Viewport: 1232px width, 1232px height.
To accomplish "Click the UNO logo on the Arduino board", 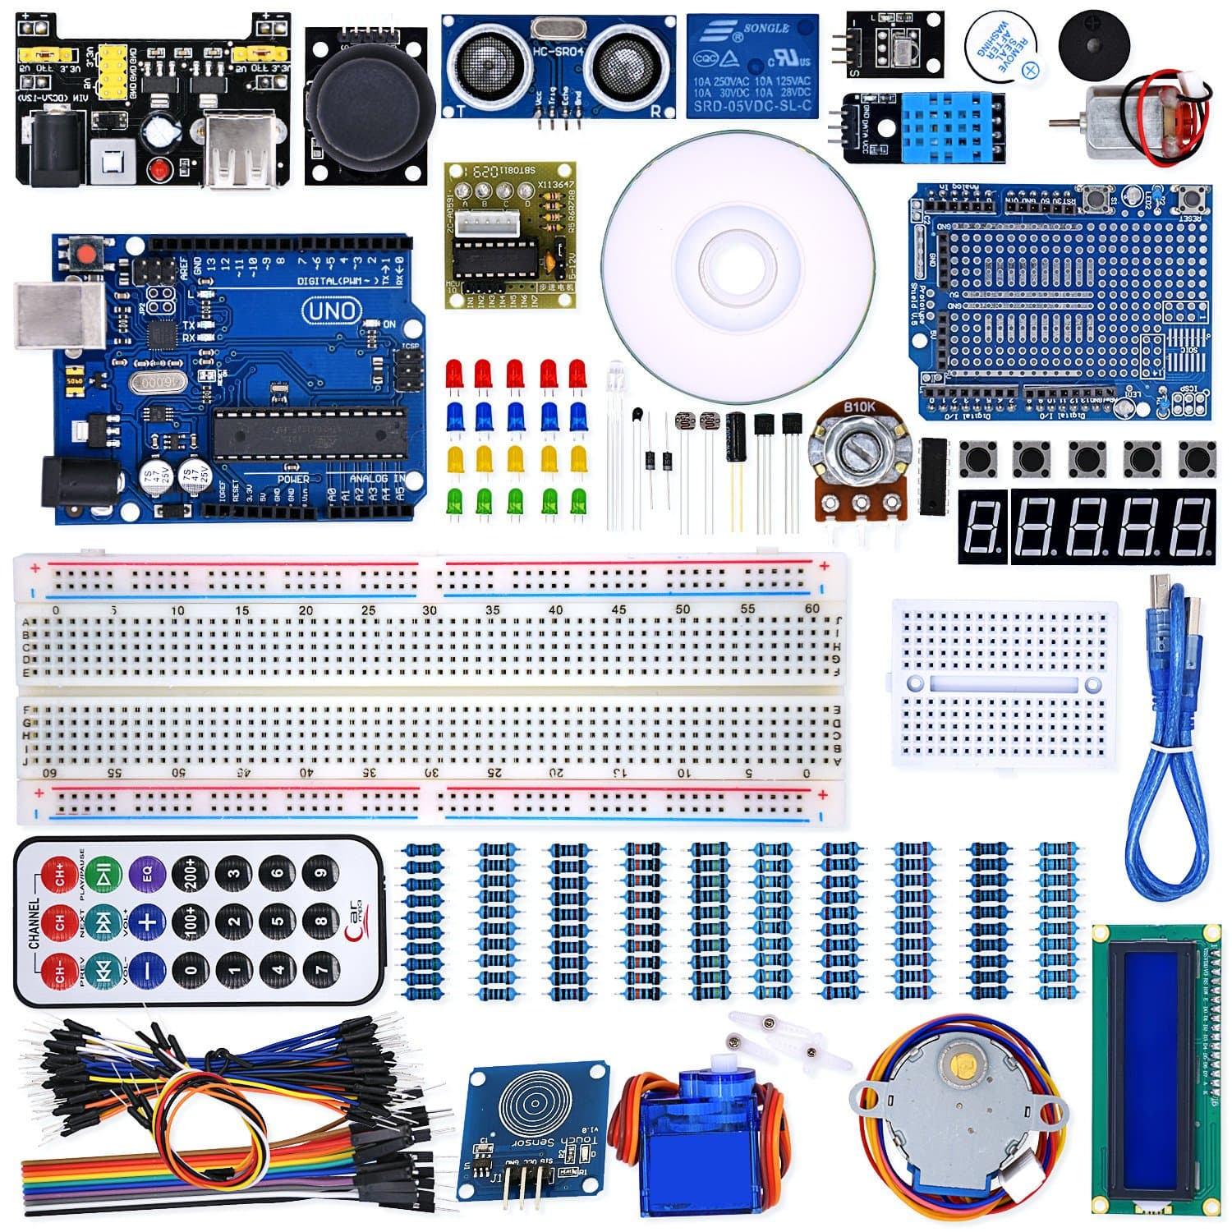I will click(332, 310).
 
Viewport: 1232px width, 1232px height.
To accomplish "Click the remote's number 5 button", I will click(278, 922).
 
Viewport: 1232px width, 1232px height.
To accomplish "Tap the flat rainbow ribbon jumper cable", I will click(164, 1179).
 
